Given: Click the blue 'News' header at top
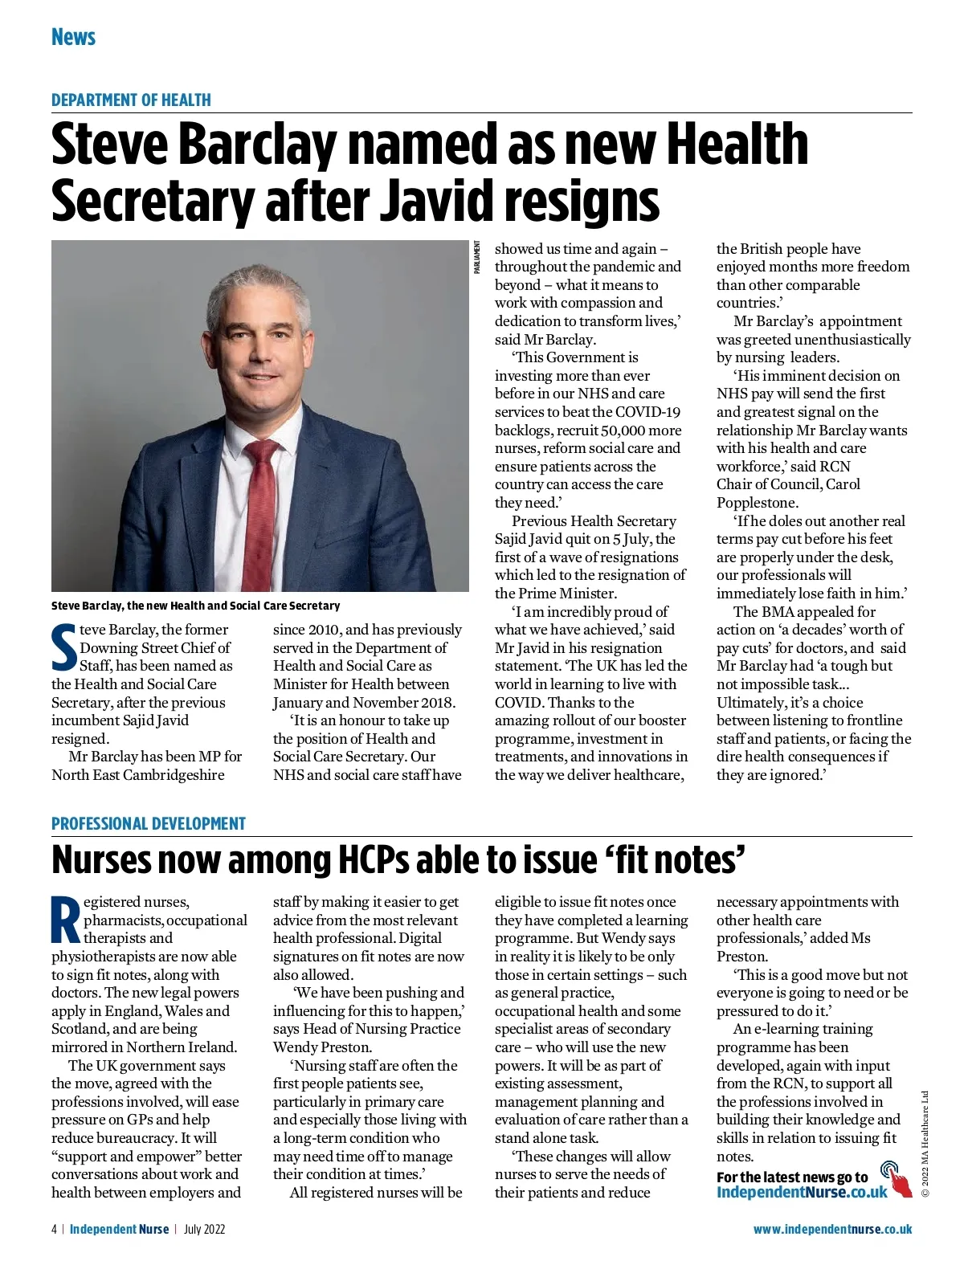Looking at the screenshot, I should [x=73, y=37].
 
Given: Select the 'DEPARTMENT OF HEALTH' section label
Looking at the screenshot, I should [x=131, y=100].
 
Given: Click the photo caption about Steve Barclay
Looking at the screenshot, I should [x=195, y=606].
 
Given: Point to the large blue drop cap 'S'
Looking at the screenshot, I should [x=64, y=647].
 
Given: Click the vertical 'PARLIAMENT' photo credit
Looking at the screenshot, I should [x=476, y=258].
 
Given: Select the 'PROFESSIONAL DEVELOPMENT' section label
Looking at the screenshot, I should [x=148, y=824].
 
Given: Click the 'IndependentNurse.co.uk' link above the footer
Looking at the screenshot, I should [x=802, y=1192].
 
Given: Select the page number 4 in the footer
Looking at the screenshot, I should [x=55, y=1229].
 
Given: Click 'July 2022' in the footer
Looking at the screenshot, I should [x=204, y=1229].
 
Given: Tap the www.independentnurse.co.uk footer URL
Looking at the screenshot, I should [x=832, y=1229].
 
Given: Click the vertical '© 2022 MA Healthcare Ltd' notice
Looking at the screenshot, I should [x=925, y=1144].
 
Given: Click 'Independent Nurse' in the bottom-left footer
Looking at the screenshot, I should [x=119, y=1229].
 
